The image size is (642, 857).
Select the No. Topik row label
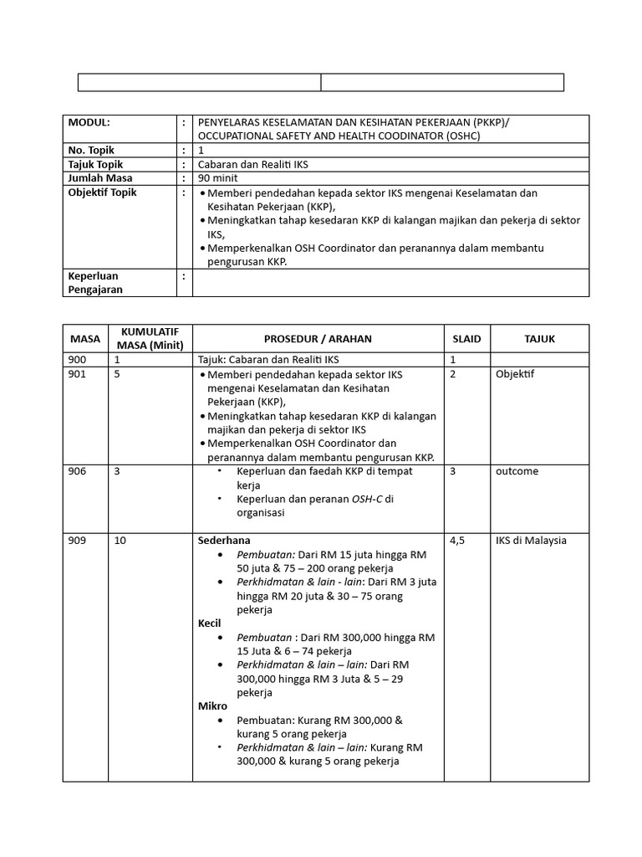pyautogui.click(x=91, y=151)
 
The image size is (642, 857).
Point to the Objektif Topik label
pyautogui.click(x=102, y=192)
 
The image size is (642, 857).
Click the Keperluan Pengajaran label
pyautogui.click(x=94, y=283)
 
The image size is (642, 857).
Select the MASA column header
pyautogui.click(x=84, y=339)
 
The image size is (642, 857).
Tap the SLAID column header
pyautogui.click(x=466, y=339)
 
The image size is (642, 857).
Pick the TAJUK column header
pyautogui.click(x=539, y=339)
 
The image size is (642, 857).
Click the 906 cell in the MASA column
pyautogui.click(x=78, y=471)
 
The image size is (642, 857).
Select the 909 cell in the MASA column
pyautogui.click(x=78, y=541)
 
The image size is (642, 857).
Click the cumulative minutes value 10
pyautogui.click(x=120, y=541)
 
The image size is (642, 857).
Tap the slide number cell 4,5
pyautogui.click(x=458, y=541)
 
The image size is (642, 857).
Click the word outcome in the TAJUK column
pyautogui.click(x=517, y=471)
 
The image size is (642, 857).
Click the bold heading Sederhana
pyautogui.click(x=224, y=541)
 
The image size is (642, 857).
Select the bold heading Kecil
pyautogui.click(x=209, y=624)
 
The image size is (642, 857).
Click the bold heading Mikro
pyautogui.click(x=212, y=706)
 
